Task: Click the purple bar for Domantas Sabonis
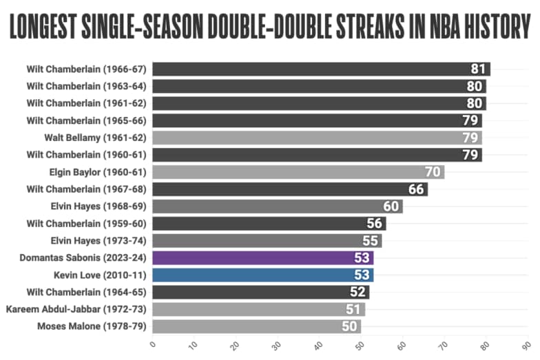tap(262, 258)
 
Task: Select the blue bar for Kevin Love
tap(262, 275)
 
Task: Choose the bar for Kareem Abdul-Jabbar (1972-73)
tap(258, 309)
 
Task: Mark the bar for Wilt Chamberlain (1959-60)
tap(269, 224)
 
